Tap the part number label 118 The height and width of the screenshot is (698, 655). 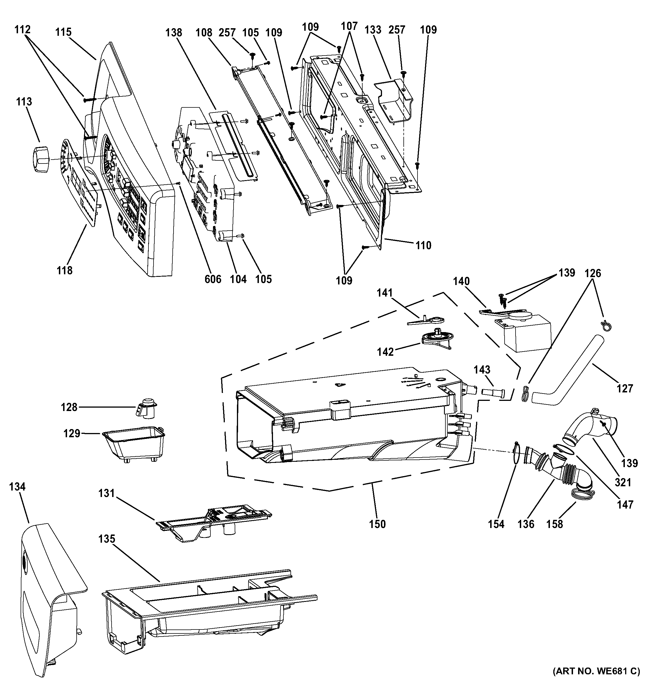point(65,270)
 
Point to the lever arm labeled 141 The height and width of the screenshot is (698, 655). point(426,321)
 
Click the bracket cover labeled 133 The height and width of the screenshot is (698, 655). point(393,102)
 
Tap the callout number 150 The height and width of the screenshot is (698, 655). point(377,524)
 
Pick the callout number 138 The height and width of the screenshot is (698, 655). point(174,32)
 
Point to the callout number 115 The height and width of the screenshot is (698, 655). point(63,32)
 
